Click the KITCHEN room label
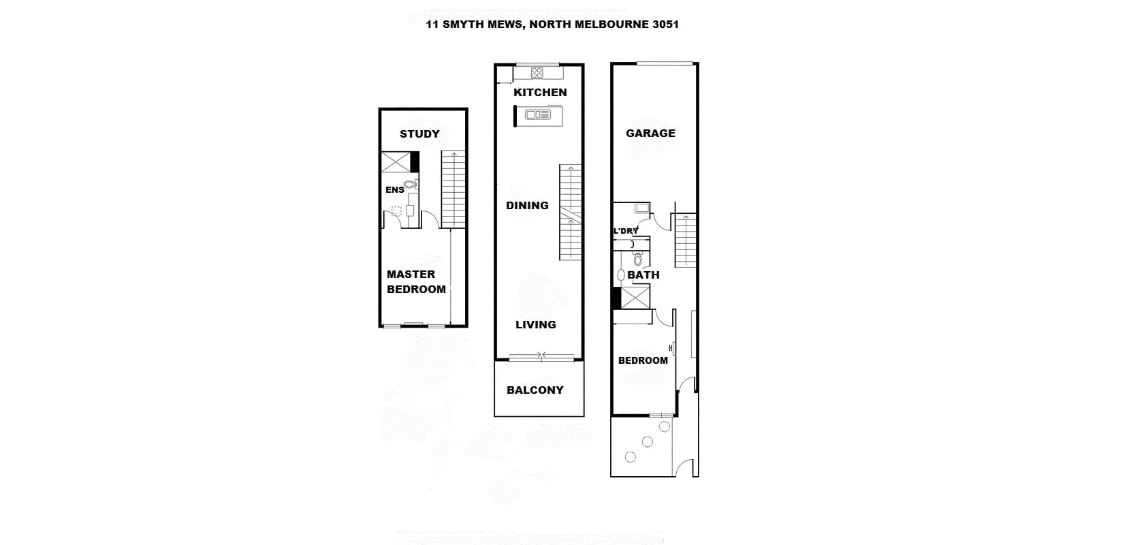tap(540, 92)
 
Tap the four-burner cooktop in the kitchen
tap(537, 73)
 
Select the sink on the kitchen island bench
tap(538, 115)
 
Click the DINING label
tap(527, 205)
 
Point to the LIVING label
tap(535, 324)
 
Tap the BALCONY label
tap(535, 390)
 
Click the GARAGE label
tap(650, 133)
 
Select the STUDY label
tap(419, 134)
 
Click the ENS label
tap(395, 189)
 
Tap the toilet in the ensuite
tap(409, 184)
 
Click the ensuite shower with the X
tap(396, 162)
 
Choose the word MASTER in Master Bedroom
tap(411, 274)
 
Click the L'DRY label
tap(626, 231)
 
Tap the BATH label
tap(643, 275)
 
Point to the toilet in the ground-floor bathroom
tap(638, 259)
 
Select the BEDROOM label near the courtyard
tap(643, 360)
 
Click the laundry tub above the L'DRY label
tap(641, 208)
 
